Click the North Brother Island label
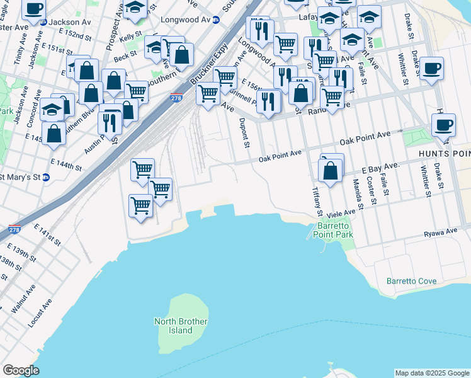pyautogui.click(x=181, y=326)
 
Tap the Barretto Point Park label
pyautogui.click(x=336, y=230)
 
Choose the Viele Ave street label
pyautogui.click(x=340, y=214)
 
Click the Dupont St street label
pyautogui.click(x=246, y=133)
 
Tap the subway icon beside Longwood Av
pyautogui.click(x=216, y=20)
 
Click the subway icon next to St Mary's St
pyautogui.click(x=46, y=177)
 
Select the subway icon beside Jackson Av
pyautogui.click(x=43, y=22)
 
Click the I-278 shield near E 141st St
pyautogui.click(x=14, y=229)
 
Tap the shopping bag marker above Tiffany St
pyautogui.click(x=331, y=169)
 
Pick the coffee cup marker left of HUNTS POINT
pyautogui.click(x=443, y=124)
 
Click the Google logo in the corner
pyautogui.click(x=21, y=370)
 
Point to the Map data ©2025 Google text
pyautogui.click(x=432, y=373)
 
